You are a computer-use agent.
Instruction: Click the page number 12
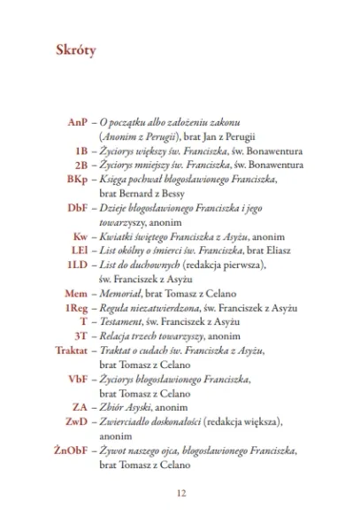pos(180,492)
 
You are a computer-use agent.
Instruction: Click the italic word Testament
pos(126,321)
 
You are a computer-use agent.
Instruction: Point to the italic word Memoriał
pos(126,293)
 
